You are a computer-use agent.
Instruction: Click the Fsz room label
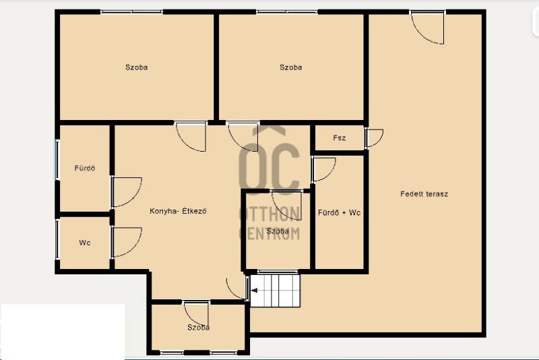[340, 138]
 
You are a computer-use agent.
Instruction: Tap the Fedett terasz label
[424, 194]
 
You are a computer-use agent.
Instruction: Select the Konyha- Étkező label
[178, 211]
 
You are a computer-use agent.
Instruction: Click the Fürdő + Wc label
[340, 212]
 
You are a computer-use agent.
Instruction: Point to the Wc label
[85, 243]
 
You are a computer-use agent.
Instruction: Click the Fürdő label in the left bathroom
[85, 168]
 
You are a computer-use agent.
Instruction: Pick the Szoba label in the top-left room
[137, 67]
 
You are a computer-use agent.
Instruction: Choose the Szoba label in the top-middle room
[291, 67]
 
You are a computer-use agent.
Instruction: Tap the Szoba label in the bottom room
[198, 328]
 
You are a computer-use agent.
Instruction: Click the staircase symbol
[275, 290]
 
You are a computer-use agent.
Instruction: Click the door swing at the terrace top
[427, 28]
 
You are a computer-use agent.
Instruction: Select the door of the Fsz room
[374, 138]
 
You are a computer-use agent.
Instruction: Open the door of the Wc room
[126, 242]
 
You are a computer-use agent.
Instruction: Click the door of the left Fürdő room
[126, 192]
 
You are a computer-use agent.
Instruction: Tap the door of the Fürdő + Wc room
[323, 169]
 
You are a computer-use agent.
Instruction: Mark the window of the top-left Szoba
[131, 12]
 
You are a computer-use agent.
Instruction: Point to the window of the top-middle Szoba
[287, 12]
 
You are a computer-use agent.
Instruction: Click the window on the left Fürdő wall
[57, 160]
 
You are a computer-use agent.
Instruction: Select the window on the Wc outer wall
[57, 239]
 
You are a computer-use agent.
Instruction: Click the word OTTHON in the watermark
[270, 214]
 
